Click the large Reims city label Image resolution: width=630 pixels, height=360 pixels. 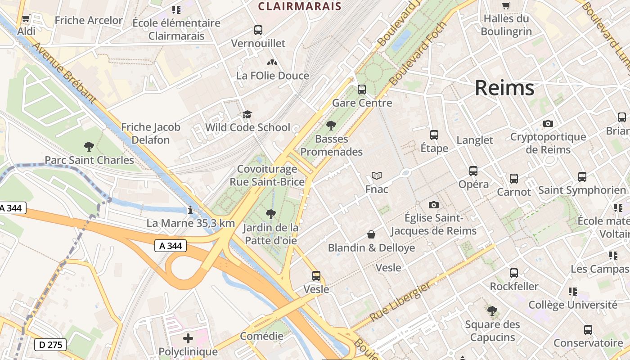[x=504, y=88]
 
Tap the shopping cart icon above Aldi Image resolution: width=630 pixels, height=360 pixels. [x=26, y=19]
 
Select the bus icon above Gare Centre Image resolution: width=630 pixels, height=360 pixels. [x=362, y=90]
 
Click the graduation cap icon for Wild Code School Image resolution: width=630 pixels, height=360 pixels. [x=247, y=115]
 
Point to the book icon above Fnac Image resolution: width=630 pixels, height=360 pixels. [x=376, y=176]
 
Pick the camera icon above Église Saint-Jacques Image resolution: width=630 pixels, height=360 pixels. [x=433, y=205]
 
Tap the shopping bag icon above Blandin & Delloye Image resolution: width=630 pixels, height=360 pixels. [x=371, y=234]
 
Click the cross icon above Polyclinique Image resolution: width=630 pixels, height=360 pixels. [x=188, y=338]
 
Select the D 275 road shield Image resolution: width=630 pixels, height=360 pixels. [x=50, y=345]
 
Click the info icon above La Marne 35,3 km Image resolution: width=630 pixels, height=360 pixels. [x=190, y=210]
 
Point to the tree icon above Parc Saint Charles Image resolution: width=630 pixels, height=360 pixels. [x=89, y=146]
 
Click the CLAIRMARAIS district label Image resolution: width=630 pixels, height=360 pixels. [x=299, y=6]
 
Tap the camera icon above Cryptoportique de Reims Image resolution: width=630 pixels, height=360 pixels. [x=548, y=123]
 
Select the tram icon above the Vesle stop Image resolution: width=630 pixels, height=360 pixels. [x=316, y=276]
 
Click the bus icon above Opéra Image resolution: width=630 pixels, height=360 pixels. [x=473, y=171]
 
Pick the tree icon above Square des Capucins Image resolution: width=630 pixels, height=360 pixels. [x=492, y=311]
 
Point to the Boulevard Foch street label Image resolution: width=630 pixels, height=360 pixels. [x=418, y=54]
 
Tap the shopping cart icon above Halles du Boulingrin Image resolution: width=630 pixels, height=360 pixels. [x=506, y=6]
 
